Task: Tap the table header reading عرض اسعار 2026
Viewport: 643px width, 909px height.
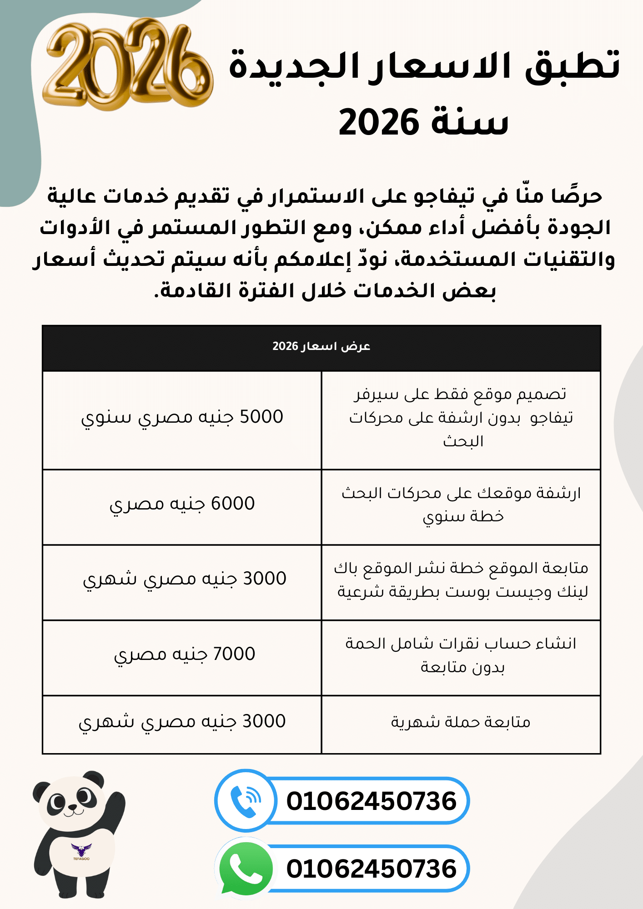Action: coord(321,346)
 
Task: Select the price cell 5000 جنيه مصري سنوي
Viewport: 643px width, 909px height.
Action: coord(182,417)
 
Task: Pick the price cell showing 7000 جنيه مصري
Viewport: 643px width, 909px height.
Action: coord(184,654)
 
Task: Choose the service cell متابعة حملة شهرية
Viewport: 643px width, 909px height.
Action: coord(461,722)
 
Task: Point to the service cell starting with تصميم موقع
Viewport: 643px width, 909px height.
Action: coord(461,417)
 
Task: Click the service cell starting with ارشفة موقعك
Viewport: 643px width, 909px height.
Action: coord(461,504)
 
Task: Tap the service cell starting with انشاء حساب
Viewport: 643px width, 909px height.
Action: coord(461,655)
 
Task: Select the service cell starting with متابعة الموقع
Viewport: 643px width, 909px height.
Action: coord(461,579)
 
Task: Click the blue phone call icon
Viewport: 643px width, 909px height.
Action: coord(246,801)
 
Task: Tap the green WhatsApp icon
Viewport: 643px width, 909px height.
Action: coord(246,869)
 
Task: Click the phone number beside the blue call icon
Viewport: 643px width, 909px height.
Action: coord(371,801)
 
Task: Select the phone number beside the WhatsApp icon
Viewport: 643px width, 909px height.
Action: coord(371,869)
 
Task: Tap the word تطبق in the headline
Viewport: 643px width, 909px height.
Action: coord(573,66)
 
